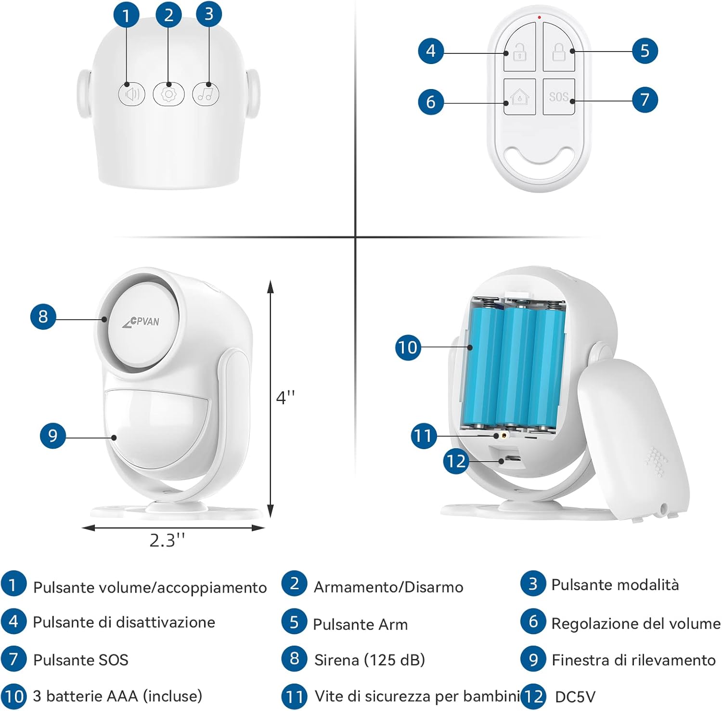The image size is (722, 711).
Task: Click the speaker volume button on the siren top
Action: tap(132, 94)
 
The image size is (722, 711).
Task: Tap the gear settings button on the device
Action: tap(168, 94)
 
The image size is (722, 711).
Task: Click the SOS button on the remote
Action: tap(559, 97)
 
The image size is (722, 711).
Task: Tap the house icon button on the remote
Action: tap(520, 97)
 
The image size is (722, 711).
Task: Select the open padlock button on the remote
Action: tap(520, 51)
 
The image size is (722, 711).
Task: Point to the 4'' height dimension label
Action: tap(285, 398)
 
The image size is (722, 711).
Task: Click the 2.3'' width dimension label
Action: tap(167, 541)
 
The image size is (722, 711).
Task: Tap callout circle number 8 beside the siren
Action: tap(43, 316)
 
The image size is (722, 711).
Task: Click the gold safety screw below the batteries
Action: tap(503, 435)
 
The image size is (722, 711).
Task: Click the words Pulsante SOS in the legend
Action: tap(80, 659)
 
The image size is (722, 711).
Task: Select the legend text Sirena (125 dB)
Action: tap(369, 659)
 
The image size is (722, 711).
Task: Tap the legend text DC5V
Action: tap(575, 697)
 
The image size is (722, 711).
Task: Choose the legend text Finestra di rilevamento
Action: tap(633, 659)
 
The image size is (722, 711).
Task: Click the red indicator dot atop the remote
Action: tap(539, 17)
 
